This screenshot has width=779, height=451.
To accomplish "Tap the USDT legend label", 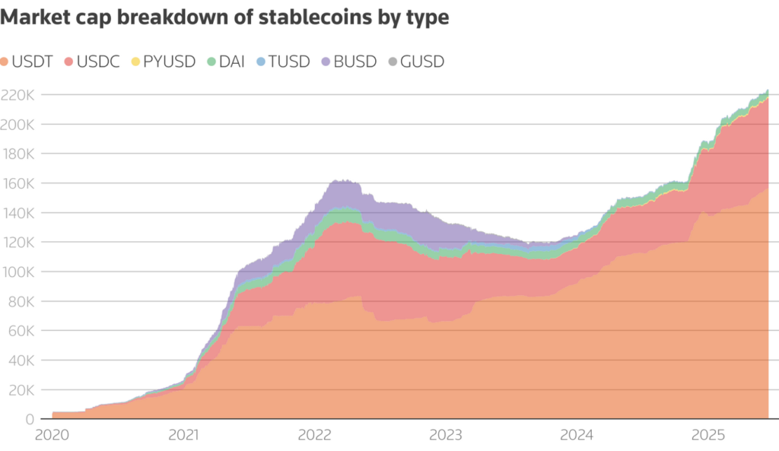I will [x=33, y=62].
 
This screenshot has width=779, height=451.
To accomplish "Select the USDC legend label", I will [x=99, y=62].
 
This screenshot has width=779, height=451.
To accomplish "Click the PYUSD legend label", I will [x=170, y=62].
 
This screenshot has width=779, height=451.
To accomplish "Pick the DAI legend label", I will [x=231, y=62].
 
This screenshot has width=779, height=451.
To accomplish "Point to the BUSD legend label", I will [x=355, y=62].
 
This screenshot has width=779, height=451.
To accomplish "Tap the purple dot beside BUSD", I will [x=326, y=62].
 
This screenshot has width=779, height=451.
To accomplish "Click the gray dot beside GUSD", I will [x=393, y=62].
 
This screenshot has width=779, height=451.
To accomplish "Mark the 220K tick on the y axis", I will [x=18, y=95].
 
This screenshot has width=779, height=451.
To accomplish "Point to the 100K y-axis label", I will [x=18, y=272].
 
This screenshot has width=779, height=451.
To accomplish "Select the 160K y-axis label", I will [x=18, y=183].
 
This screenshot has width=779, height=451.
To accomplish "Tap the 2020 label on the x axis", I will [x=52, y=436].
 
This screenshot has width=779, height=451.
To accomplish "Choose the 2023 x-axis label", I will [x=446, y=436].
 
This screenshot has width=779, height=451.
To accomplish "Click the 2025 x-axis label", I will [x=708, y=436].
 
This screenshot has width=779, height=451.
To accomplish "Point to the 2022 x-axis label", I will [x=314, y=436].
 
